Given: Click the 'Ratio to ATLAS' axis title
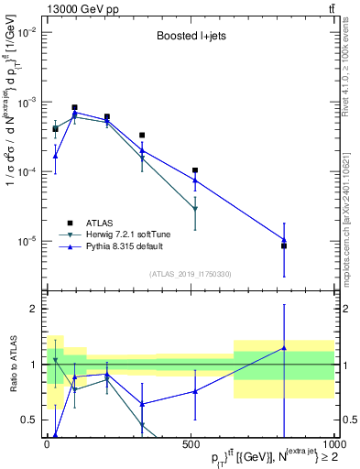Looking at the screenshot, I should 11,364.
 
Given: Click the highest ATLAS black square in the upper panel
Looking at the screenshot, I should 74,107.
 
